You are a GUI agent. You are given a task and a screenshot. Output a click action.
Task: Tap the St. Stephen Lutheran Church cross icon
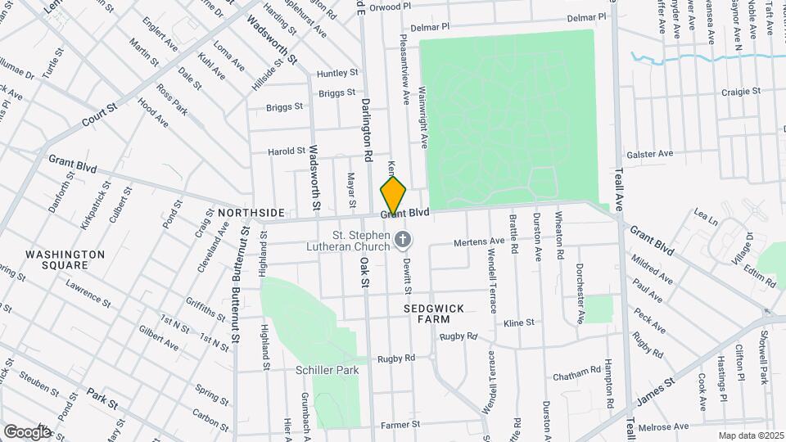402,240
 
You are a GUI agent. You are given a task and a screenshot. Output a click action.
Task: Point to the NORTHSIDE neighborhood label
251,213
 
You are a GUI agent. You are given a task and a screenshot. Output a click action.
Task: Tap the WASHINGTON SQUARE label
65,260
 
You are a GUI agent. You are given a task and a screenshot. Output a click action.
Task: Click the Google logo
26,431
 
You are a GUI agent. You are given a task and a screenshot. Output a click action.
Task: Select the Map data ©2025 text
750,435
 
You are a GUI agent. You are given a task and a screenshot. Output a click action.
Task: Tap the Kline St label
519,322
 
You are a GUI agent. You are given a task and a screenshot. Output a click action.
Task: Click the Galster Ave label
649,153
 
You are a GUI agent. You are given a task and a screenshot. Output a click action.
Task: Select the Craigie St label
743,92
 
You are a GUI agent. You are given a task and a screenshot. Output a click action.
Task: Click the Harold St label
287,151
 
